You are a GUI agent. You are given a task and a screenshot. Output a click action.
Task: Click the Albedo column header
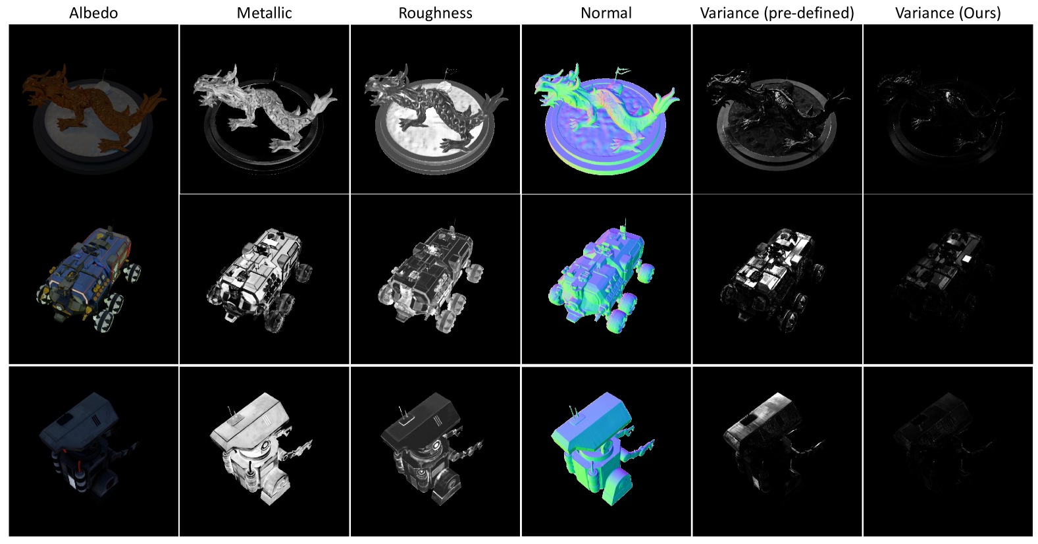tap(93, 13)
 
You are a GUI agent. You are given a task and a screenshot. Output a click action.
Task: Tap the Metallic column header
tap(264, 13)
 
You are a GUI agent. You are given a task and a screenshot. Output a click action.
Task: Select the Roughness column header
tap(435, 13)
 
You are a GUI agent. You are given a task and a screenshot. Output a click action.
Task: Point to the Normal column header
tap(606, 13)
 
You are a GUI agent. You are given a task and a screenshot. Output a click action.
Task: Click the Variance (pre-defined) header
tap(777, 13)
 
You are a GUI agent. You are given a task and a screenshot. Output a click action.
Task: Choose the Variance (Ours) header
tap(948, 13)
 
